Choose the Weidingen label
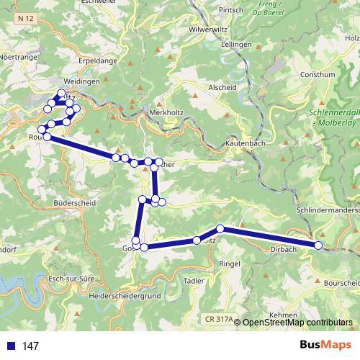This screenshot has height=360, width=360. click(x=81, y=82)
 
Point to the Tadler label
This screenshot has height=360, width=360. click(x=195, y=280)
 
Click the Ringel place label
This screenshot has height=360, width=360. click(x=229, y=264)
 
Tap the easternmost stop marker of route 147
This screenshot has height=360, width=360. click(x=318, y=246)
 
